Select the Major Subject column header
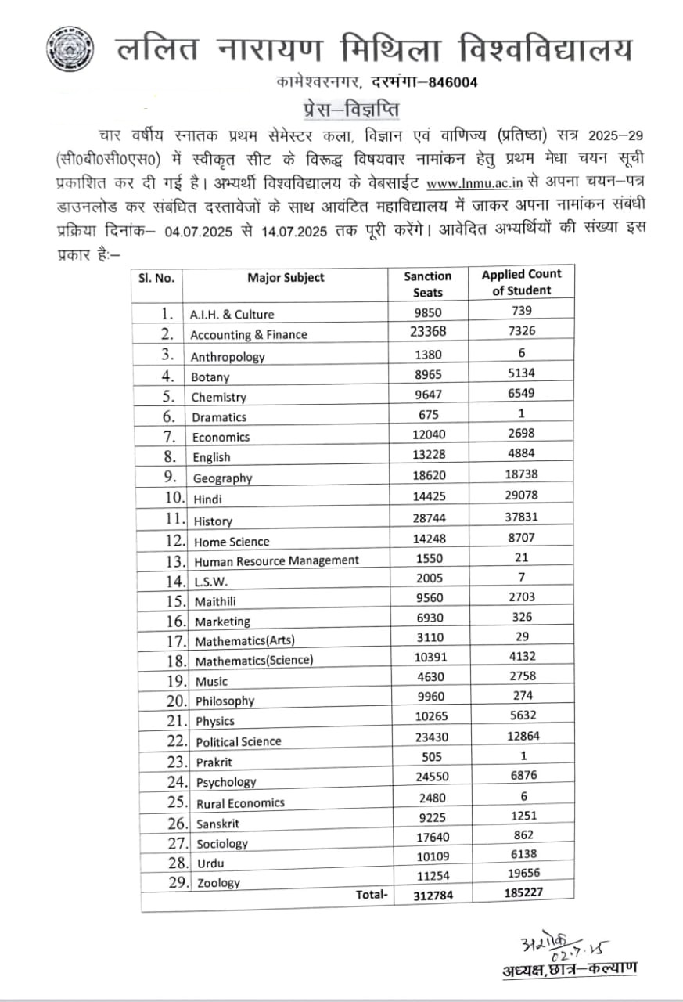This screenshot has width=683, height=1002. coord(286,278)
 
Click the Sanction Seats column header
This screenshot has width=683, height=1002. coord(428,284)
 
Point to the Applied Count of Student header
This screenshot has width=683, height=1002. coord(522,282)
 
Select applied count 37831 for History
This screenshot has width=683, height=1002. coord(522,517)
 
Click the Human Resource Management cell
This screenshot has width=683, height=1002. coord(276,560)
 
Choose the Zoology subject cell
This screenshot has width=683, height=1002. coord(218,883)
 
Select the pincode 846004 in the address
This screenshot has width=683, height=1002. coord(448,82)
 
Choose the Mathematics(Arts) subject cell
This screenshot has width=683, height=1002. coord(245,641)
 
